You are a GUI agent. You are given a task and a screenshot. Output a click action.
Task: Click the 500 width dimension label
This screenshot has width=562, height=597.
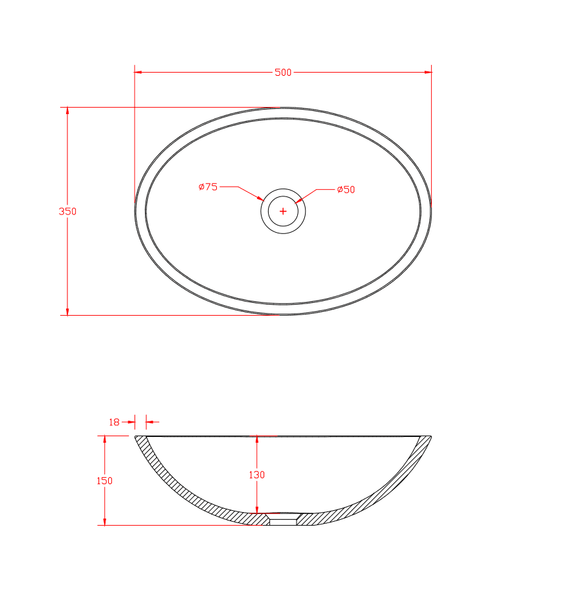coord(283,72)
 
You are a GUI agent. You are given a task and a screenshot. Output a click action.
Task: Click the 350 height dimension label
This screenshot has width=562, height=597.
coord(67,211)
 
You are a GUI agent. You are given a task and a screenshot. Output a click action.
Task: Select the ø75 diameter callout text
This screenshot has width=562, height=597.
coord(208,187)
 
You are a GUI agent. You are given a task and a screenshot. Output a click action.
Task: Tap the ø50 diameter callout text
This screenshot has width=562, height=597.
coord(346,189)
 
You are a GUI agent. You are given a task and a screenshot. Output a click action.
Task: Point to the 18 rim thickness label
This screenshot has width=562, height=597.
coord(114,422)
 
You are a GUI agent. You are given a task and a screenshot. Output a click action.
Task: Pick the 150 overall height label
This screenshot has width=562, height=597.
coord(104,480)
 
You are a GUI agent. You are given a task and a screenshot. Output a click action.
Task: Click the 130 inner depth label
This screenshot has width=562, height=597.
coord(257,474)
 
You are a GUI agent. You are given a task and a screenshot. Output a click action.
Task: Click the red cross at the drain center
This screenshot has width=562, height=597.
coord(283,211)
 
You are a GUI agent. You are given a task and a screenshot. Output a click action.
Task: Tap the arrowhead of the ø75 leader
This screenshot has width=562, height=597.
coord(260,198)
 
